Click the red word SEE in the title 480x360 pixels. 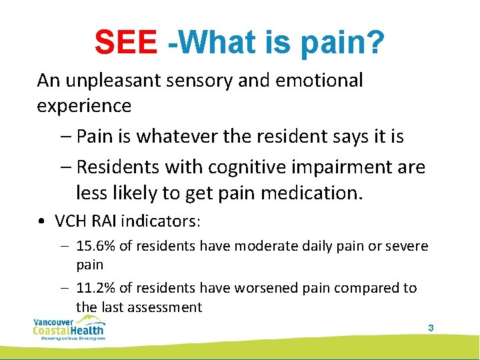coord(126,43)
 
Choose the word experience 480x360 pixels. coord(84,106)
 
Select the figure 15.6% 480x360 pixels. coord(96,246)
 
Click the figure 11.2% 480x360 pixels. coord(96,288)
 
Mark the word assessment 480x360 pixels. coord(167,307)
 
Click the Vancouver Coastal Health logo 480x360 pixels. coord(68,328)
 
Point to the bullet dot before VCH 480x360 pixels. coord(41,221)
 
